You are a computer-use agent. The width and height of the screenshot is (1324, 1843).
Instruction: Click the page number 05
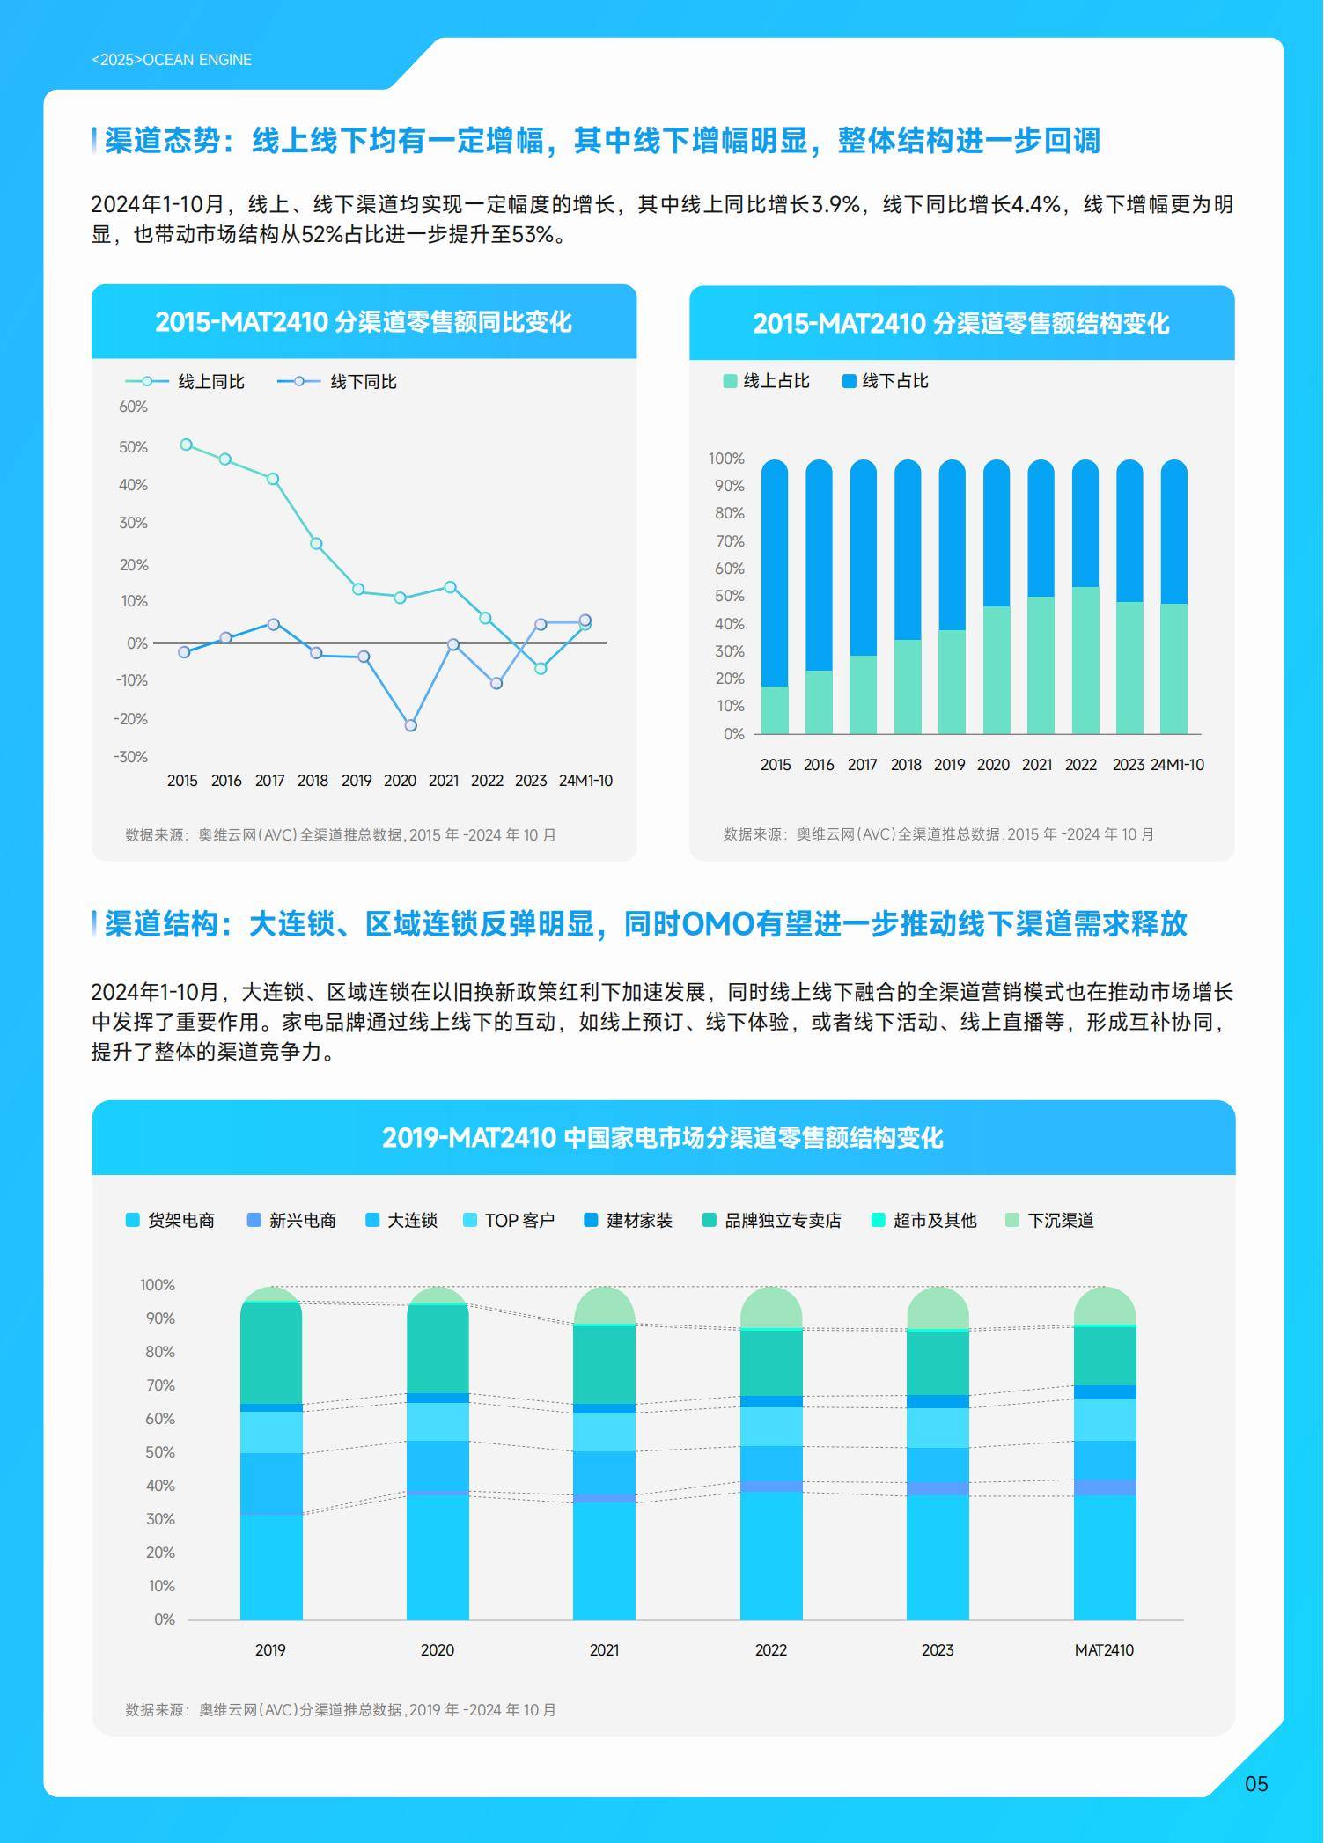click(1255, 1783)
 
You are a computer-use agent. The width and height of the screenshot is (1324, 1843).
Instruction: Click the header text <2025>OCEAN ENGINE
click(172, 60)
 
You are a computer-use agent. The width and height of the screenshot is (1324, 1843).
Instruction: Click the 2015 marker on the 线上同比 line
click(186, 444)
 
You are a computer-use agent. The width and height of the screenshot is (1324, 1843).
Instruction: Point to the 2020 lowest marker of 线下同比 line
click(410, 725)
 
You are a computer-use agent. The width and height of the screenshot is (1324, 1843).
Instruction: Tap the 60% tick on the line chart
click(133, 407)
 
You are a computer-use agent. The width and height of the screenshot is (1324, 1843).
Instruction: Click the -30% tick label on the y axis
click(130, 757)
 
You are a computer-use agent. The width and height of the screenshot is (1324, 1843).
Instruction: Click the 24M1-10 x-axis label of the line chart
click(585, 781)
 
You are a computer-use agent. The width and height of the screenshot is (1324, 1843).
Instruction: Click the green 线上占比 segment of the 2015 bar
click(775, 709)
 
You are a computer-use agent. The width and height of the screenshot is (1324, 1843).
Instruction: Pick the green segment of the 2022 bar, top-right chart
click(1085, 660)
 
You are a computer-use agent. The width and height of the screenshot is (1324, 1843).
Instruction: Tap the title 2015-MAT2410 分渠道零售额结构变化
click(960, 323)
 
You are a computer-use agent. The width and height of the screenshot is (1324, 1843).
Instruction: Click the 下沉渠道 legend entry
click(1060, 1220)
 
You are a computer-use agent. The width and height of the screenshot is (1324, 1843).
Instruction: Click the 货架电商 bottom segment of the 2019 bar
click(271, 1567)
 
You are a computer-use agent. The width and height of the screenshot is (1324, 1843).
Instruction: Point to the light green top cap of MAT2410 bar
click(1104, 1306)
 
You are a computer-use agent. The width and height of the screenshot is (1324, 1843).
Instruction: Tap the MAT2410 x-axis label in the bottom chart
click(1104, 1650)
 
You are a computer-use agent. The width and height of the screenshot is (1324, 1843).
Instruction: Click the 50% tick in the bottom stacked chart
click(160, 1452)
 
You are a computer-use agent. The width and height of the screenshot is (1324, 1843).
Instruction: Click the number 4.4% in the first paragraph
click(1035, 205)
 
